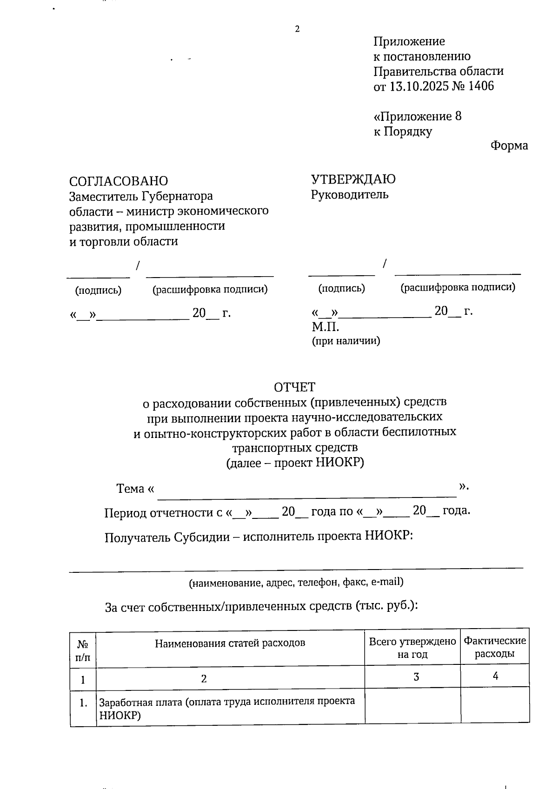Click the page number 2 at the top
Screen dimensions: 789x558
click(x=297, y=29)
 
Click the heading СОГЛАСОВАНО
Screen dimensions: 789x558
click(x=119, y=181)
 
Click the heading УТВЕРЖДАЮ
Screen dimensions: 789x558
click(x=353, y=179)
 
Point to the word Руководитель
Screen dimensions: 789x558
click(x=350, y=194)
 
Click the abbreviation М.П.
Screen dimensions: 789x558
click(x=325, y=326)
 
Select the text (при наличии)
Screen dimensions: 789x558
click(x=345, y=341)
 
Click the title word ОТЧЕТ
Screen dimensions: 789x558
click(x=294, y=387)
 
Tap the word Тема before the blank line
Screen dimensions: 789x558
click(x=130, y=489)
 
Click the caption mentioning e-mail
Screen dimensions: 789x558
click(x=296, y=582)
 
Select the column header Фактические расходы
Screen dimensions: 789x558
click(x=495, y=647)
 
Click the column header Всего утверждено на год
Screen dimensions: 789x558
click(x=412, y=648)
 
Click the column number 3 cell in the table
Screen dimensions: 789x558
click(x=416, y=677)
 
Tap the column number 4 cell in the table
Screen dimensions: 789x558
click(x=495, y=676)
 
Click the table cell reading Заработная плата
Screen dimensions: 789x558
click(x=227, y=707)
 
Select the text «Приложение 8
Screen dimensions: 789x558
click(x=418, y=116)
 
